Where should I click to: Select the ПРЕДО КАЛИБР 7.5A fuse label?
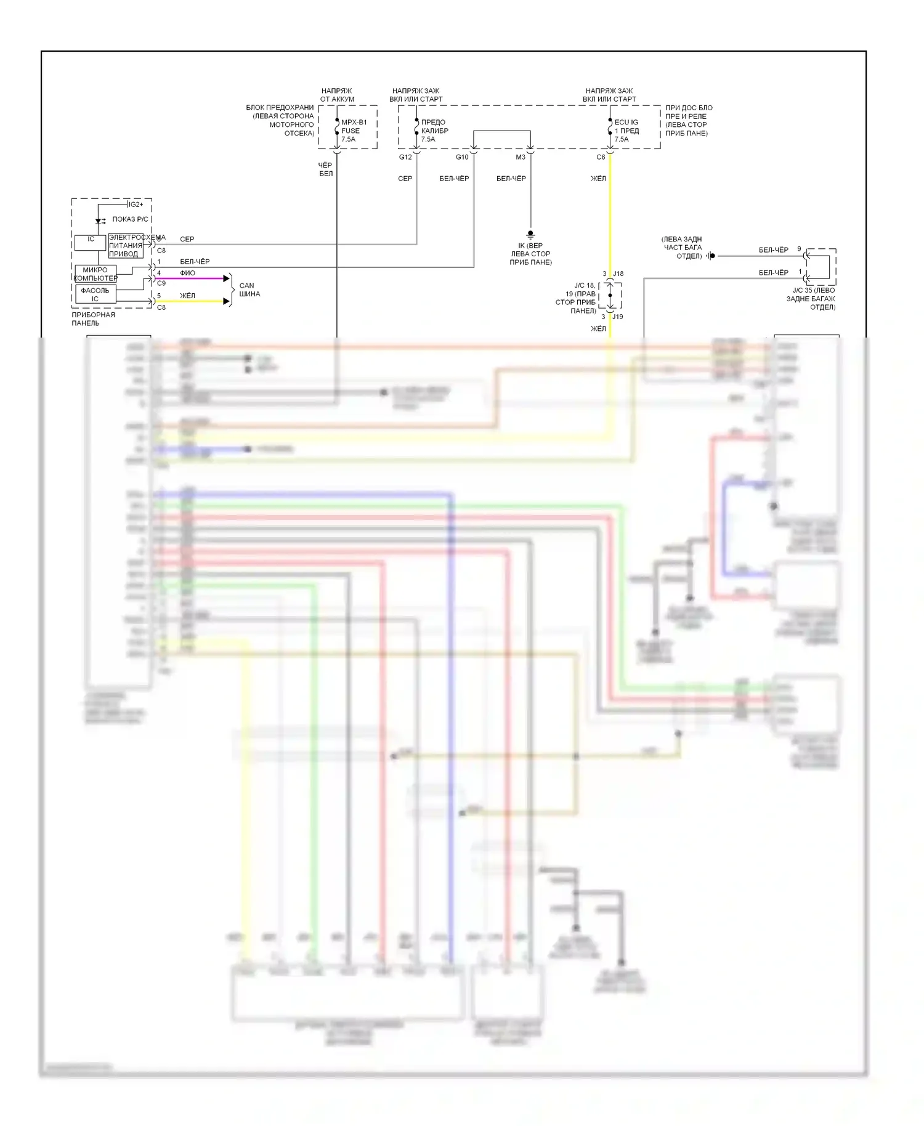pos(434,131)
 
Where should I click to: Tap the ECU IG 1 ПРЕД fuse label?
pos(626,131)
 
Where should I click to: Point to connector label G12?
pos(405,157)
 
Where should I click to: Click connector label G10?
pos(462,157)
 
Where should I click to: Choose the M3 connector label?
pos(521,157)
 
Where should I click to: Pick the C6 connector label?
pos(601,157)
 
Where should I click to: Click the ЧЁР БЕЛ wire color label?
pos(326,169)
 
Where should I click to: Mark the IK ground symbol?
pos(530,235)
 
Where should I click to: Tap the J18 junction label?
pos(618,273)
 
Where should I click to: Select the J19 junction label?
pos(618,317)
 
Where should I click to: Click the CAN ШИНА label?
pos(249,290)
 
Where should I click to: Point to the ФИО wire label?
pos(187,273)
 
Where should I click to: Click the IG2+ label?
pos(136,205)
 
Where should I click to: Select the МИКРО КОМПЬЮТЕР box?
pos(95,274)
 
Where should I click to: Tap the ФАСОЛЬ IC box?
pos(95,294)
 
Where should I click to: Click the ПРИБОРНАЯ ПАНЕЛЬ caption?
pos(93,319)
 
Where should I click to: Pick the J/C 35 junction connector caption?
pos(813,299)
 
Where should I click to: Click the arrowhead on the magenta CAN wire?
pos(226,278)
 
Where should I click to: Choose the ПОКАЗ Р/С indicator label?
pos(131,219)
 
